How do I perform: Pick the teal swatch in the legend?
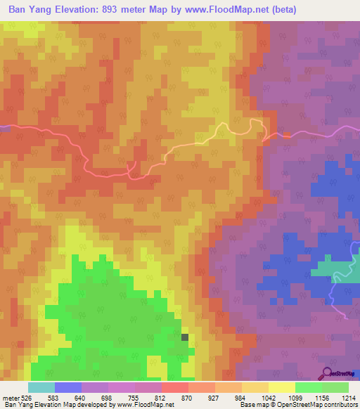(41, 387)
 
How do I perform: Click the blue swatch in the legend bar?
(68, 387)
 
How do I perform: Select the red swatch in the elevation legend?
(175, 387)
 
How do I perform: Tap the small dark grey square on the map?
(185, 337)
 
